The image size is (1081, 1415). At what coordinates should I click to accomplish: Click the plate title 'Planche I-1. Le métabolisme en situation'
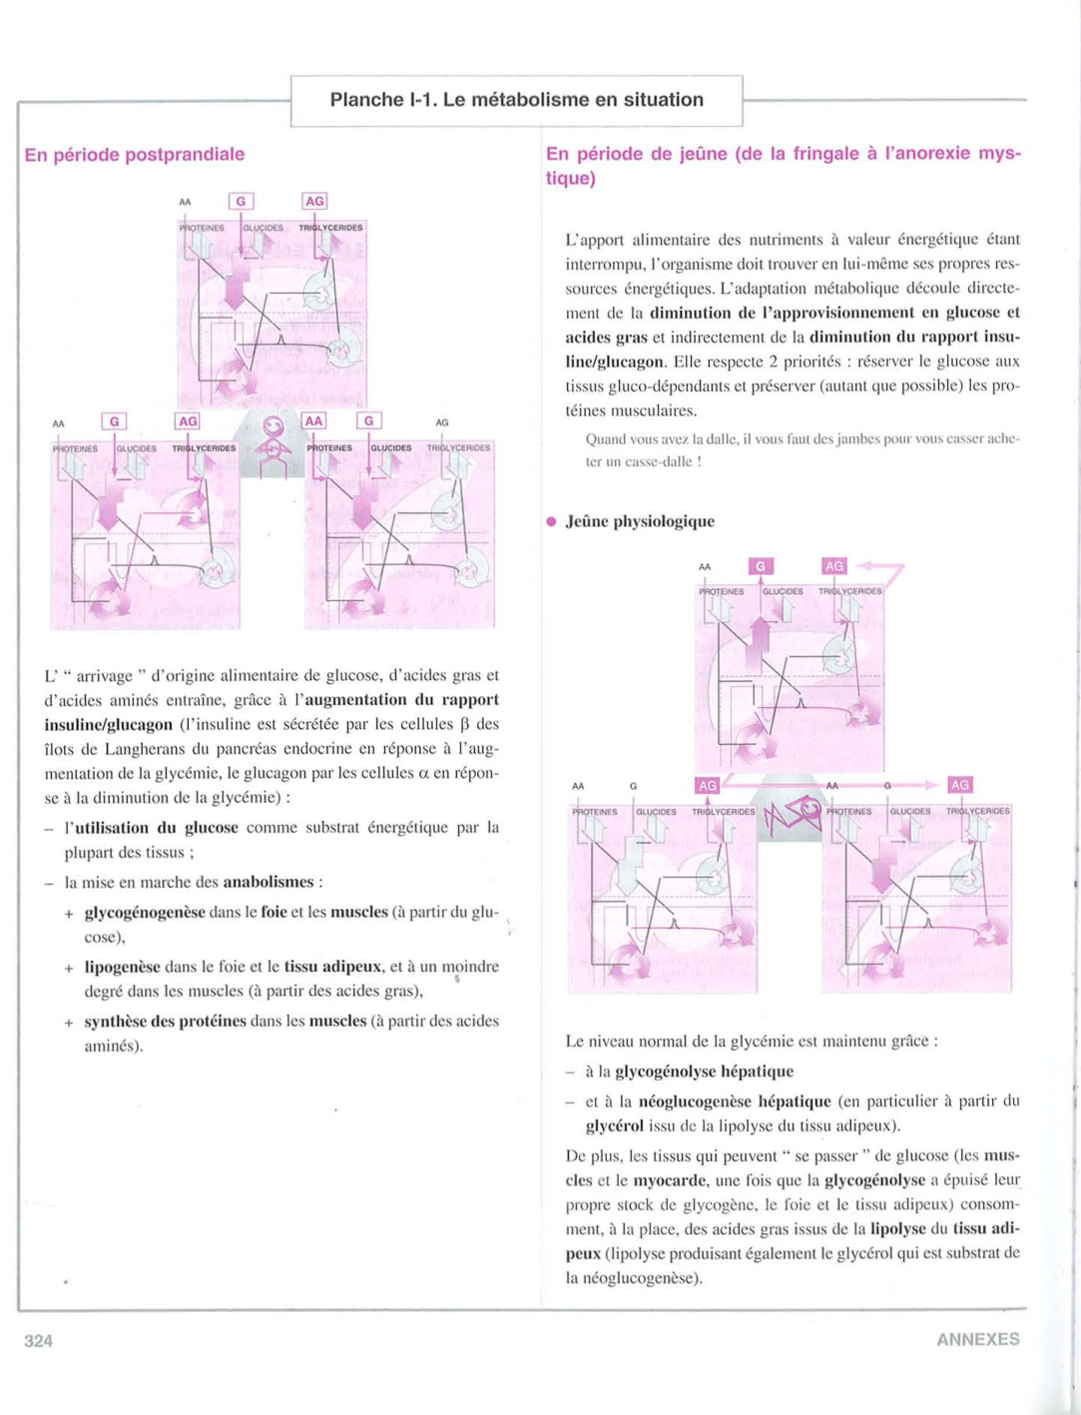pyautogui.click(x=516, y=100)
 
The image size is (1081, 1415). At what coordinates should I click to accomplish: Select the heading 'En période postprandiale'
pyautogui.click(x=135, y=155)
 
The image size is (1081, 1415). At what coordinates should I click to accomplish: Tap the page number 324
pyautogui.click(x=38, y=1340)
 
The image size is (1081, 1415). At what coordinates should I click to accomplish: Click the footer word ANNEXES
pyautogui.click(x=977, y=1339)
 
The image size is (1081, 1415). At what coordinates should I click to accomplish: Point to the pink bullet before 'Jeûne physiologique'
pyautogui.click(x=551, y=521)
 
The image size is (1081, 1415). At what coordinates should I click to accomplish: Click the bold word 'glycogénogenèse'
pyautogui.click(x=145, y=912)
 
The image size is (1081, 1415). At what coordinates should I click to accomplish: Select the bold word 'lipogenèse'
pyautogui.click(x=122, y=967)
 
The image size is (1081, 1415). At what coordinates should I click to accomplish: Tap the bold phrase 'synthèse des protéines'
pyautogui.click(x=165, y=1021)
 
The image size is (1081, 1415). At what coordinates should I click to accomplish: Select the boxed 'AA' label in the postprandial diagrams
pyautogui.click(x=313, y=421)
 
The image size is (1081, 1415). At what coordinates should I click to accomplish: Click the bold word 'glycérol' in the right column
pyautogui.click(x=614, y=1125)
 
